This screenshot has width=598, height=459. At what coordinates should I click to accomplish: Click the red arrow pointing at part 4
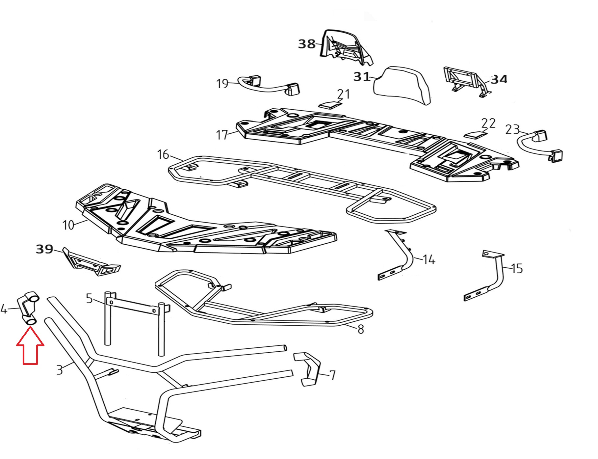click(30, 349)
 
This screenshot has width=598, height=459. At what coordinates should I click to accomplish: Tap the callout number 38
click(306, 44)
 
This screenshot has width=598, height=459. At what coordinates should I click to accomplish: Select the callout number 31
click(362, 77)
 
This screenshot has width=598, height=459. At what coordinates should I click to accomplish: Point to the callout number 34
click(499, 79)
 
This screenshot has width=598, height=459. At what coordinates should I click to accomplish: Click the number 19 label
click(222, 84)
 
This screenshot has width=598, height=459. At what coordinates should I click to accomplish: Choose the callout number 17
click(222, 135)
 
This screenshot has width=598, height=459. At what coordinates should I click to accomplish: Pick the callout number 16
click(163, 154)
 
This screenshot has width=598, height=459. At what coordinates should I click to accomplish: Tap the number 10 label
click(68, 225)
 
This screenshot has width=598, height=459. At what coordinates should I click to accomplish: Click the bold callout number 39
click(44, 249)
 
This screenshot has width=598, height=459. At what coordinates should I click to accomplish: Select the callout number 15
click(517, 269)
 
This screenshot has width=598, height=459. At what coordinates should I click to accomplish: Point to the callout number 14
click(429, 260)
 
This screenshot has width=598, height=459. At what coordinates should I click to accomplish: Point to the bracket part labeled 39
click(91, 263)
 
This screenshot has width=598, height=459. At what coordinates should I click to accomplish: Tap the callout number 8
click(361, 329)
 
